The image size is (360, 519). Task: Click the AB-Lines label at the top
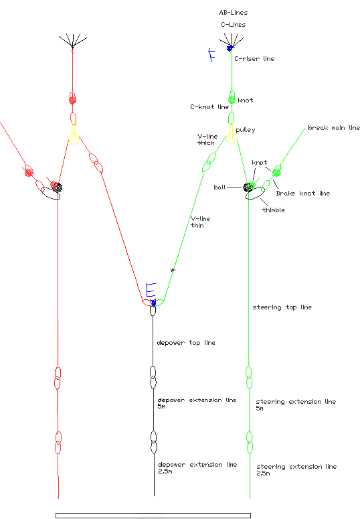point(234,13)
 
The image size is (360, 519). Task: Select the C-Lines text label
point(234,25)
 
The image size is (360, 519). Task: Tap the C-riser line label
point(254,58)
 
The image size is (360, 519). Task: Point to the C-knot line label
point(209,107)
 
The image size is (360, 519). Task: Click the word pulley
point(246,130)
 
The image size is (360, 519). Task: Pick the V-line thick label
point(207,139)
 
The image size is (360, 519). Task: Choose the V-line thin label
point(201,222)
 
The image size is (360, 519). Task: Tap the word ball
point(219,188)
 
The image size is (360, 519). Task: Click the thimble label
point(274,210)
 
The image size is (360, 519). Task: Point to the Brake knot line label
point(303,194)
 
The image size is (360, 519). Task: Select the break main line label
point(333,128)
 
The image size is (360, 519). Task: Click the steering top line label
point(282,307)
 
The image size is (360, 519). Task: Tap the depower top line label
point(186,343)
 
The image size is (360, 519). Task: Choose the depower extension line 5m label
point(197,403)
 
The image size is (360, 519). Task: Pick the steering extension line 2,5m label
point(296,469)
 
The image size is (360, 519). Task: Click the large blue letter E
point(151,289)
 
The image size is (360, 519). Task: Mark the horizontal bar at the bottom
point(153,516)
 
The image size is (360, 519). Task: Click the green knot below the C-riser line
point(232,99)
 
